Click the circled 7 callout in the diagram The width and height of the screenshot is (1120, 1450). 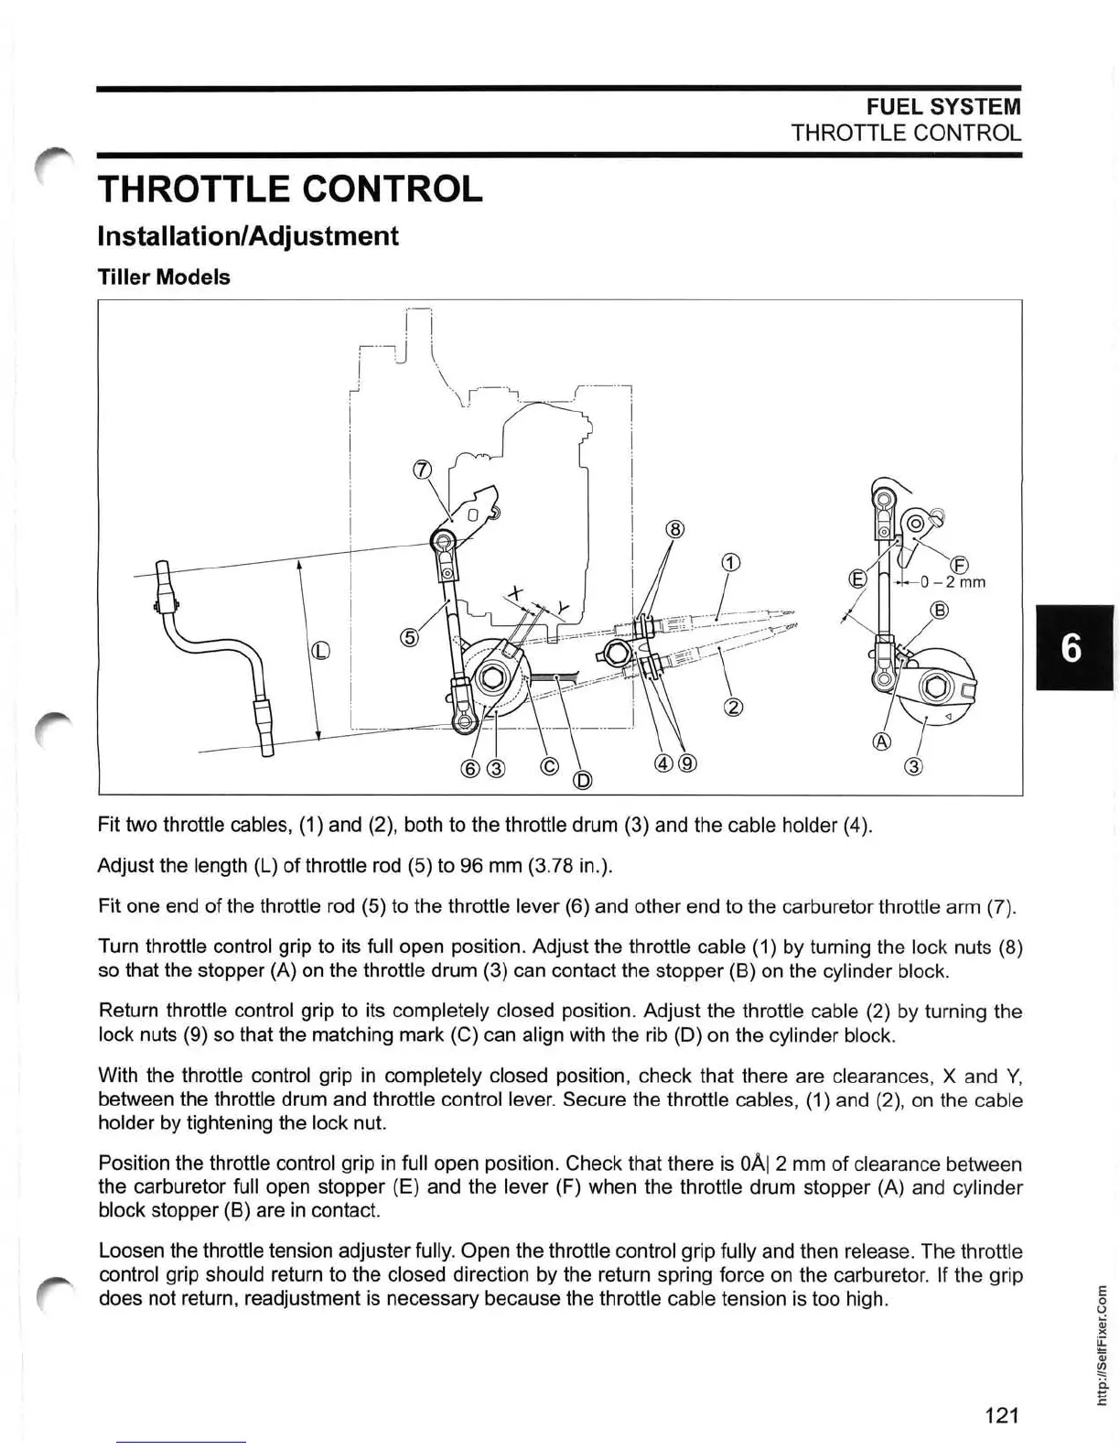coord(422,471)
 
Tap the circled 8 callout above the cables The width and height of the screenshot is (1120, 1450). coord(673,529)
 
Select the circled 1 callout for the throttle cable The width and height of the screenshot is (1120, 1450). coord(729,562)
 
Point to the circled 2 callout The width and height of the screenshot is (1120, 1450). coord(733,706)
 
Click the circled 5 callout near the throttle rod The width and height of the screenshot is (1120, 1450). coord(408,638)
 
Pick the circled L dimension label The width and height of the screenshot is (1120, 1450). coord(319,651)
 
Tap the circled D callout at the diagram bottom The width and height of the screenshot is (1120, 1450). coord(582,780)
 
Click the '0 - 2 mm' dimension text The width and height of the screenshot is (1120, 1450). coord(953,582)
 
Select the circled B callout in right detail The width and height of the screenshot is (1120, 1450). coord(939,611)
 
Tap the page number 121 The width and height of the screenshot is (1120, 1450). coord(1001,1415)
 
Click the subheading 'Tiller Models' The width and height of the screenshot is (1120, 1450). coord(164,277)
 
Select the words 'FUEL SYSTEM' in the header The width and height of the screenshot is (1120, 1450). coord(944,107)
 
